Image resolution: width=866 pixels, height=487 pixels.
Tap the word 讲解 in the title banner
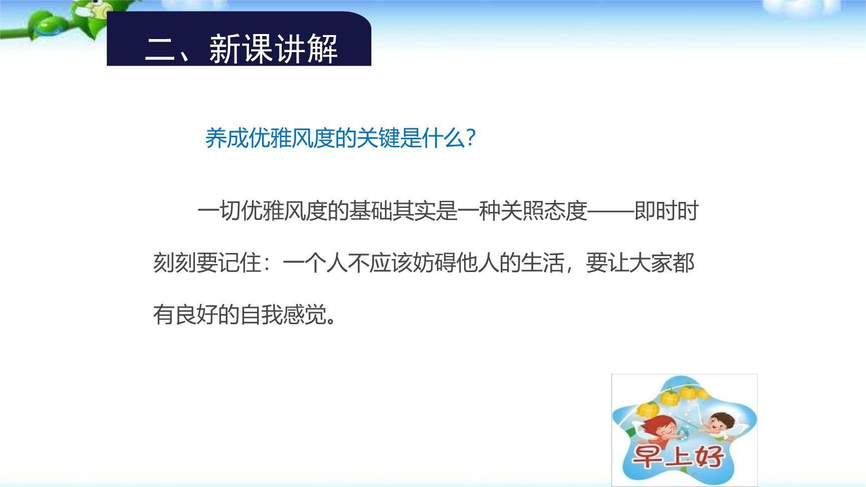306,49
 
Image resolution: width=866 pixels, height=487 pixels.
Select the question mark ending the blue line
470,138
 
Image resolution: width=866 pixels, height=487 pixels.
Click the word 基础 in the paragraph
370,211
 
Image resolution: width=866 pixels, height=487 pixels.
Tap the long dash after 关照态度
610,211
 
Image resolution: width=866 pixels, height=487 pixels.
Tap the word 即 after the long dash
644,211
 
